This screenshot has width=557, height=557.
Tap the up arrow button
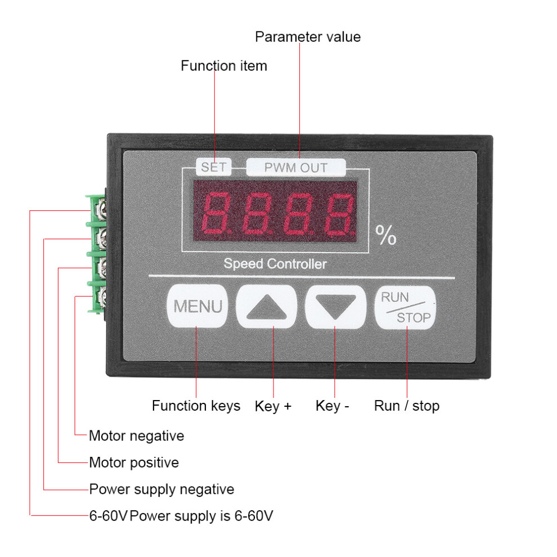point(267,306)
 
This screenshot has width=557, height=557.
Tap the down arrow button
point(336,306)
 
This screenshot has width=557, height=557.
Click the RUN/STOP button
point(405,307)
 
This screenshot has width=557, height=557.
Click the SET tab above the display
point(213,167)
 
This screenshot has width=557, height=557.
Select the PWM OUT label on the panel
point(296,168)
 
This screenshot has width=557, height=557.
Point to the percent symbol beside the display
point(386,235)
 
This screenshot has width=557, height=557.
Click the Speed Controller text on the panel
point(275,264)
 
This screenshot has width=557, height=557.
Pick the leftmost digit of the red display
point(215,213)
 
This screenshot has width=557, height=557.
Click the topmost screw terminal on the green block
point(101,210)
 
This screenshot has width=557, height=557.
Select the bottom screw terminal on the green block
point(101,297)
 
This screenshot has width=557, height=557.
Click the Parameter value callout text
point(308,37)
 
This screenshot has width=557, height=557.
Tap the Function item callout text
point(224,66)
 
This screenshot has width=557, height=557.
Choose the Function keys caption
point(196,406)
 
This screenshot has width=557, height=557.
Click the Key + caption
point(273,406)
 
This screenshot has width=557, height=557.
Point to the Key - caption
point(332,406)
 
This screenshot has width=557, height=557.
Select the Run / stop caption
point(407,406)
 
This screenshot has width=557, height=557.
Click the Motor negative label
point(136,436)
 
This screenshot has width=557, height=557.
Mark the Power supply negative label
point(161,489)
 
